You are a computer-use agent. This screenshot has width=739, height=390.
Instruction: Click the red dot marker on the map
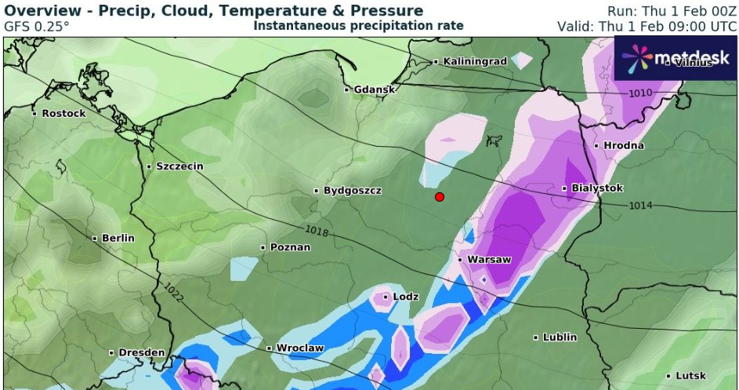coord(440,197)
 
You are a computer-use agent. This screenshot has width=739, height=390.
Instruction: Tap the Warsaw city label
coord(489,260)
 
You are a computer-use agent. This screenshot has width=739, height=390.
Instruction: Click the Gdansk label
coord(374,89)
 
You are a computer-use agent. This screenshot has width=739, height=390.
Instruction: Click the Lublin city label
coord(560,337)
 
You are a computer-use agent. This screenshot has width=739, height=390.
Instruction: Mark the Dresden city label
coord(142,352)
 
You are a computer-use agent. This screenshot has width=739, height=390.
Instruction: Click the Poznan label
coord(290,247)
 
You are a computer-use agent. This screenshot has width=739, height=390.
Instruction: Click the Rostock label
coord(63,114)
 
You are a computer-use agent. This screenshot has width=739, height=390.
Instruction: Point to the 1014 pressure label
coord(639,206)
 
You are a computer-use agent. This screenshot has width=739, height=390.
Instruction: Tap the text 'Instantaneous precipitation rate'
coord(358,26)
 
